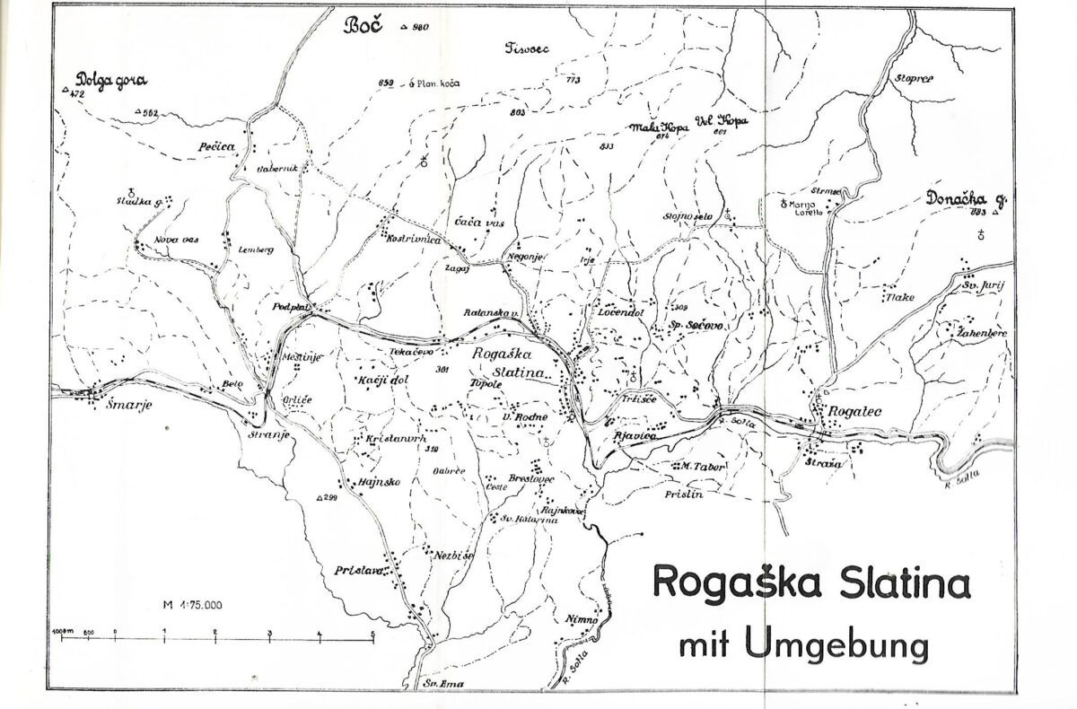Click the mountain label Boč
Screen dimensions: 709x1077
click(363, 26)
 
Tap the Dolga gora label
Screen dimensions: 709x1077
click(111, 80)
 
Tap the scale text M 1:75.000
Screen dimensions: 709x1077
click(193, 605)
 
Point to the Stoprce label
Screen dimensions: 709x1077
click(915, 79)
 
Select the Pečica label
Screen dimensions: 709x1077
click(216, 144)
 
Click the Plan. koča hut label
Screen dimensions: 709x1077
click(439, 84)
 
